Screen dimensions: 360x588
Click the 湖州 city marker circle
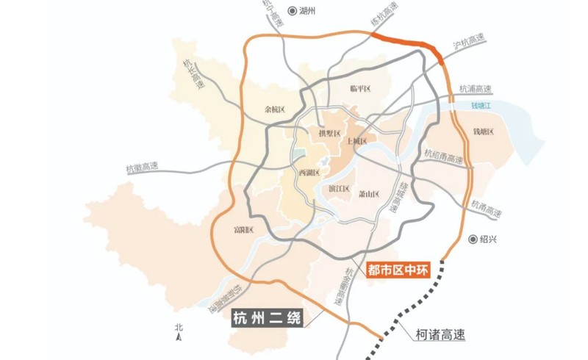293,11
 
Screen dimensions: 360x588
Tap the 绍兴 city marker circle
473,240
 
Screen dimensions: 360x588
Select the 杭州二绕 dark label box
263,319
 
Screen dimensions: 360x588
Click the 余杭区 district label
274,109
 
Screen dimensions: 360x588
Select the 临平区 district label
360,89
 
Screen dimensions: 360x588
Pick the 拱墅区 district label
329,134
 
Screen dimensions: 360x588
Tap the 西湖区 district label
310,173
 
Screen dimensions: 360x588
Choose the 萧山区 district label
367,195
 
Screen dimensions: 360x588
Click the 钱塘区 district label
484,132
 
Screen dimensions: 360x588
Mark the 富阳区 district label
243,231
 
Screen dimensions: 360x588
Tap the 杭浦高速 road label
475,90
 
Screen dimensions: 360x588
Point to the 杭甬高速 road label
487,208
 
